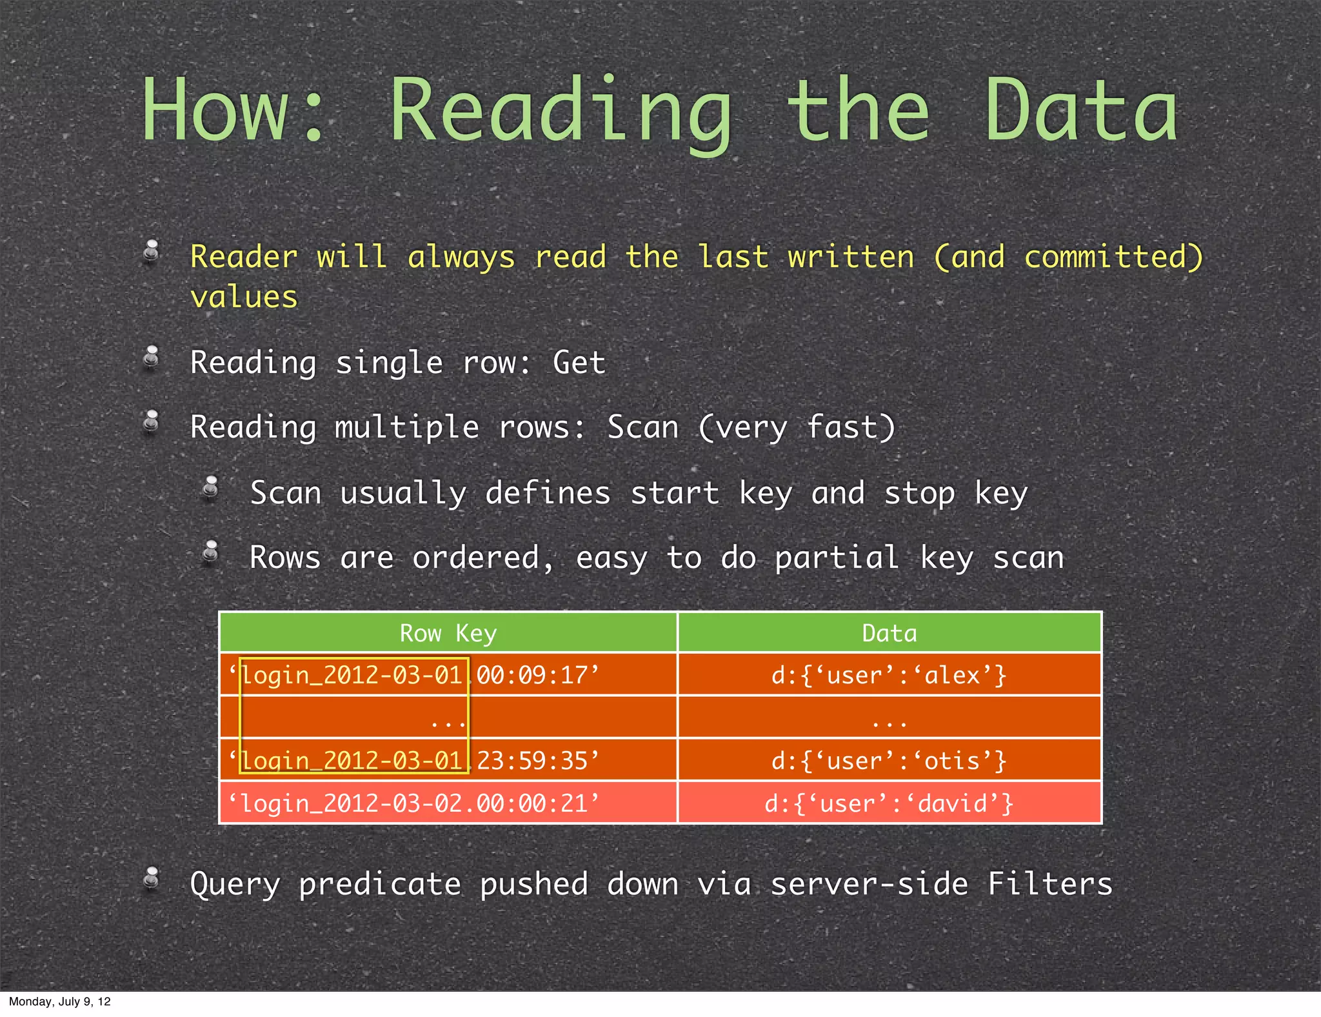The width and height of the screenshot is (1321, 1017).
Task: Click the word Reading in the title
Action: click(x=561, y=111)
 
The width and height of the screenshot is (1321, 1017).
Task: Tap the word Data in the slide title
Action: click(x=1081, y=111)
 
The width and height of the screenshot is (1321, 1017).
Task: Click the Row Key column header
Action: click(x=448, y=633)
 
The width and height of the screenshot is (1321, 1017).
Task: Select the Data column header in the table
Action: click(x=889, y=633)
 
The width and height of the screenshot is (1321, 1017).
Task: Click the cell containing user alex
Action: click(x=889, y=675)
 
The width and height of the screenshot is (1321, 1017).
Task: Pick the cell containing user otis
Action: click(x=889, y=761)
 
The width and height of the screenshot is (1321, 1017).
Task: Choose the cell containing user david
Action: click(x=889, y=803)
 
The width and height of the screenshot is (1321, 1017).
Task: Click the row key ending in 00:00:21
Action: click(x=413, y=803)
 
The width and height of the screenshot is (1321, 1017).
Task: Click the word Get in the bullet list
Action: click(x=579, y=362)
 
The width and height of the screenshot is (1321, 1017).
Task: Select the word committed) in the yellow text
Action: click(x=1113, y=257)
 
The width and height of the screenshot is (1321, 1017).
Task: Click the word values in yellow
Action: click(x=244, y=297)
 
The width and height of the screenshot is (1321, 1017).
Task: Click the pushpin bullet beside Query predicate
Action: click(x=152, y=879)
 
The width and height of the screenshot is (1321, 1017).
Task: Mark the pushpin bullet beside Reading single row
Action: click(x=152, y=358)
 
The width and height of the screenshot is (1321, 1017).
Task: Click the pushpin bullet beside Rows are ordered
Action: click(x=210, y=553)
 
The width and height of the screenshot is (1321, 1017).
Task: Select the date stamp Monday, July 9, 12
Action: click(x=60, y=1002)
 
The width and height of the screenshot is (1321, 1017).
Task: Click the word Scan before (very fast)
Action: click(x=643, y=427)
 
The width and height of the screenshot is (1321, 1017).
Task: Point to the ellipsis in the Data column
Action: click(x=889, y=723)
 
